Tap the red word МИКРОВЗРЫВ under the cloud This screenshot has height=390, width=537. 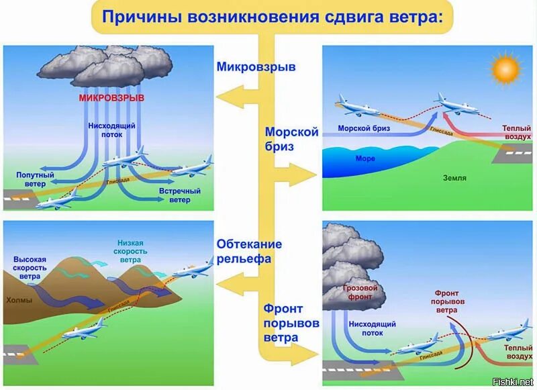pos(112,98)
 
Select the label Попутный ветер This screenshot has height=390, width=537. pos(31,179)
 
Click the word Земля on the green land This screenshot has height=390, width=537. pos(454,179)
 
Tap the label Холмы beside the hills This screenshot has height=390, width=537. pos(19,300)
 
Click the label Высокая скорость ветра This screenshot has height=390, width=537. pos(30,266)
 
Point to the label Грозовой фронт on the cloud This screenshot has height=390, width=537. pos(360,292)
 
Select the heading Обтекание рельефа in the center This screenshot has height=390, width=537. pos(249,251)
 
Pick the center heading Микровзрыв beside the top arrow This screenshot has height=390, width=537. pos(256,66)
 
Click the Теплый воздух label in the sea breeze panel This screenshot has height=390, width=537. pos(516,132)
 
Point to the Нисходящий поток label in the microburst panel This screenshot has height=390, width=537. pos(112,130)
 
